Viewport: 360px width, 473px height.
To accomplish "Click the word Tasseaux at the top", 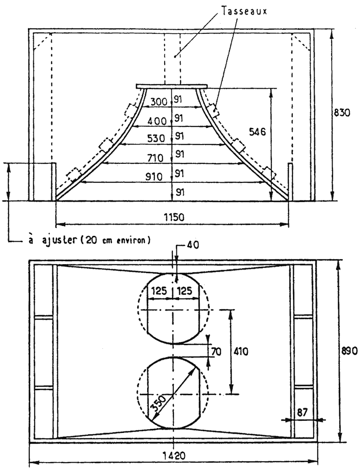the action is (244, 11).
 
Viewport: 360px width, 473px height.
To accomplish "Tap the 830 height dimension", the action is (342, 113).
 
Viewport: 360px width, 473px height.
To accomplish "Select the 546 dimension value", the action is (257, 132).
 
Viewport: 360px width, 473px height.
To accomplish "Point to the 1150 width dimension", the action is (174, 217).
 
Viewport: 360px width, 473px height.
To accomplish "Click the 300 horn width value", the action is (158, 102).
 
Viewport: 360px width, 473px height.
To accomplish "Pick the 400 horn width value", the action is (157, 121).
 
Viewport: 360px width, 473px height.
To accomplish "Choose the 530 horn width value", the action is (156, 139).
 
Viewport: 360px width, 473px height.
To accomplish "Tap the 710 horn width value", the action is (155, 158).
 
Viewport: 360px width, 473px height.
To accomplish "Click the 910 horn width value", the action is (154, 176).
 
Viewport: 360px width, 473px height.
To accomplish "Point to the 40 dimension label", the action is (193, 245).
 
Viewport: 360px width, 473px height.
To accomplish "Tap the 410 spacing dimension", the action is (241, 351).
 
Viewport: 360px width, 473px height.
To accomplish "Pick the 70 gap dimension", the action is (216, 352).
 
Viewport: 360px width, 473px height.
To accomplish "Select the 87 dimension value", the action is (302, 412).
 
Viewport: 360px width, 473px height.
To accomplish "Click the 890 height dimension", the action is (350, 351).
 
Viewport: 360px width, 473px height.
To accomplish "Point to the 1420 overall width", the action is (174, 455).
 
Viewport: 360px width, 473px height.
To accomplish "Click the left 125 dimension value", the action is (159, 291).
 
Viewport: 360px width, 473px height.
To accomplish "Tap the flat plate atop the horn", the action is (171, 86).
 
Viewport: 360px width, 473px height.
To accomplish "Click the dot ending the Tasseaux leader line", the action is (175, 56).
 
